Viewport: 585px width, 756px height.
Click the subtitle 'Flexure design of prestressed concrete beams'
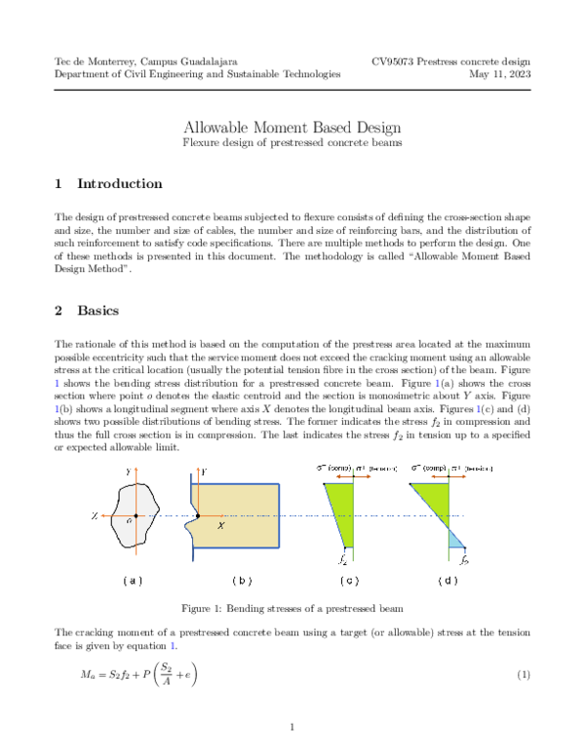[292, 143]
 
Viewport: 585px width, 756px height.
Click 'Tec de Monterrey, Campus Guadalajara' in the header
[148, 60]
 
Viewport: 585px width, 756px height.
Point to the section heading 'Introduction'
[105, 184]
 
